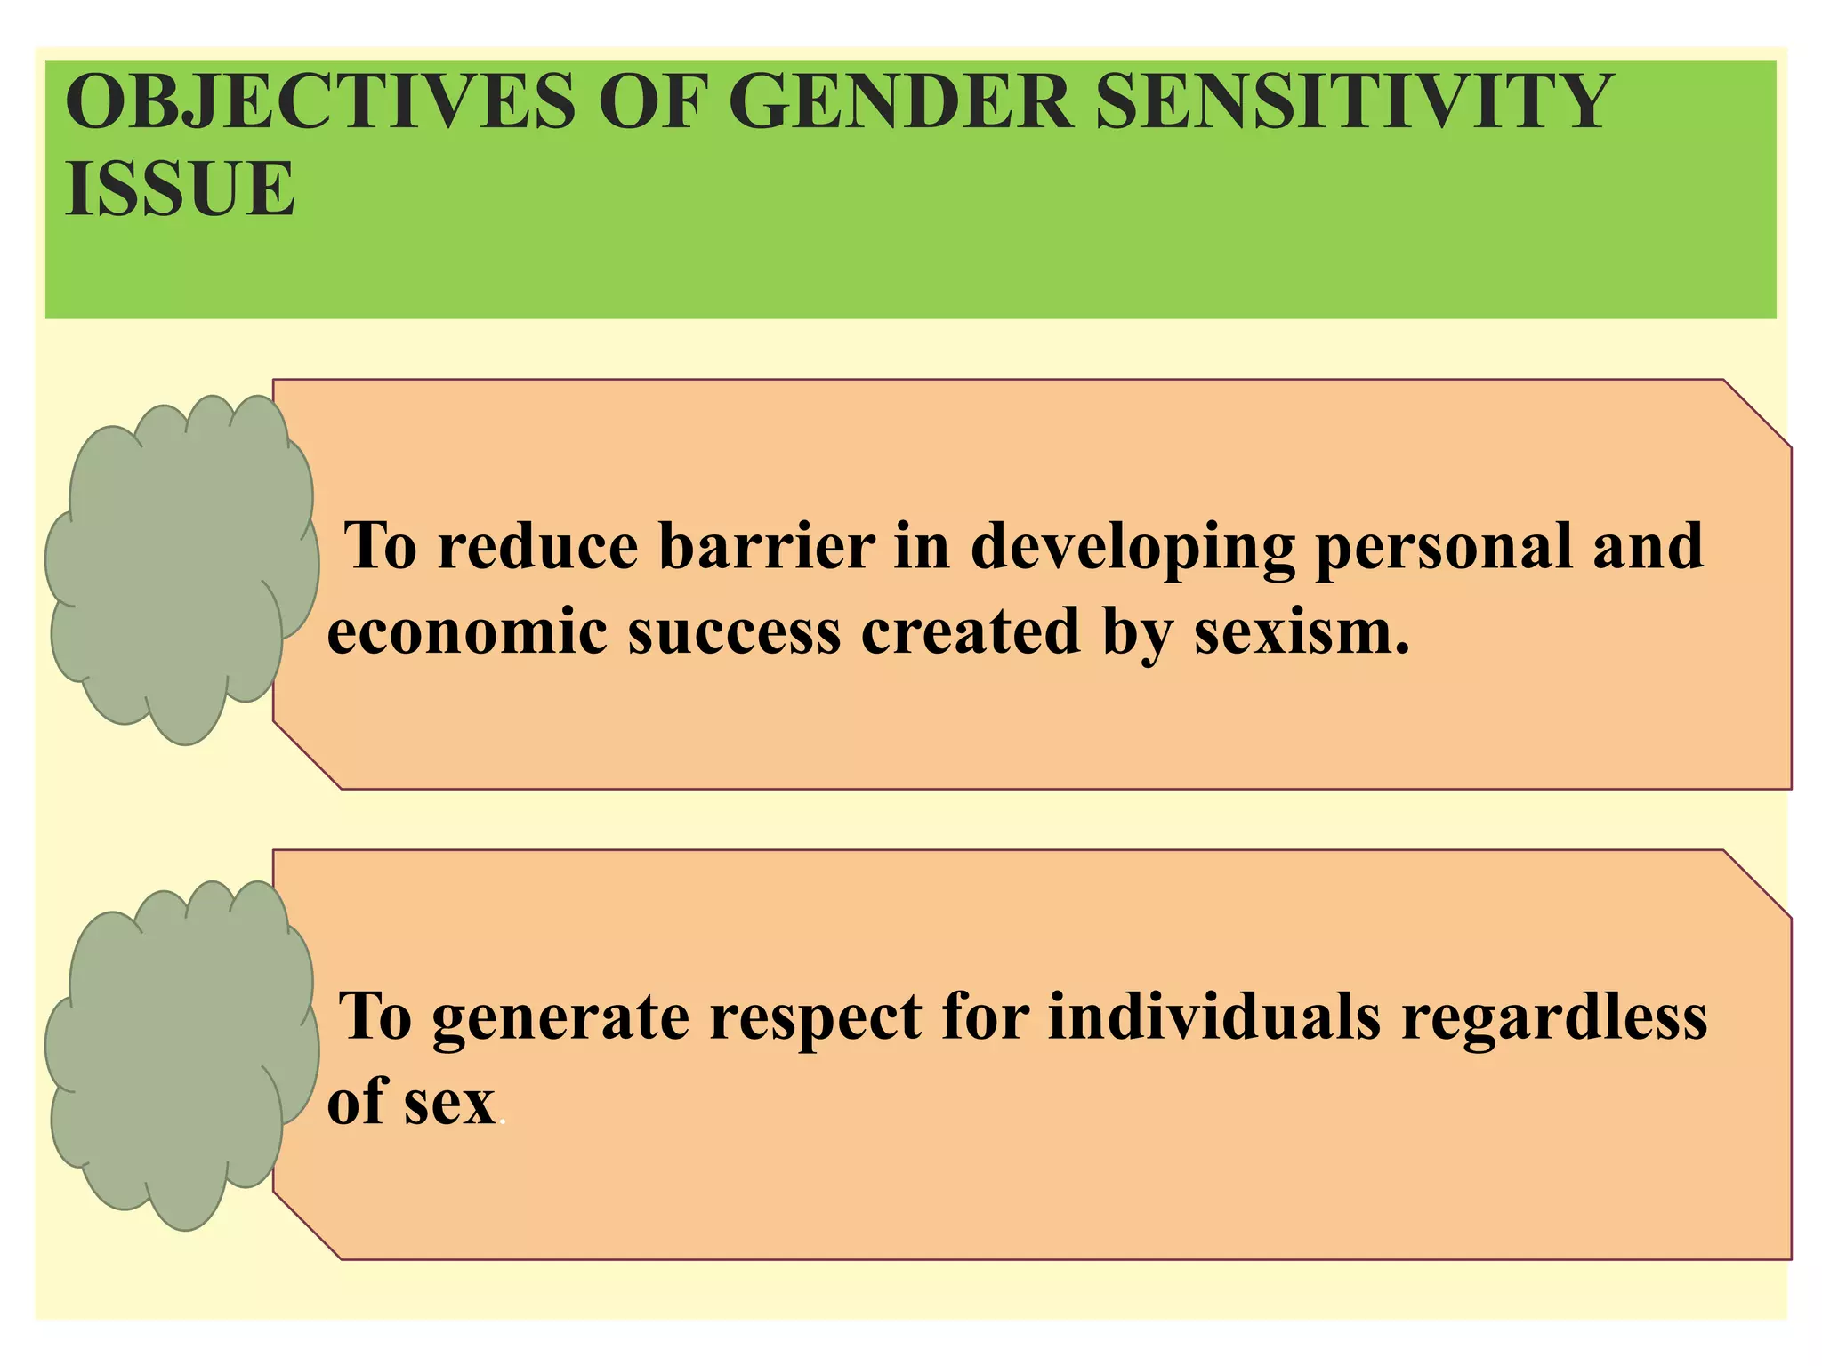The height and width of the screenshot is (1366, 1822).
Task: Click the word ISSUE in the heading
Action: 180,189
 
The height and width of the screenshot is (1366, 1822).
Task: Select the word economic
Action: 467,631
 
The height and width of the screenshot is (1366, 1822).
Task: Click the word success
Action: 734,631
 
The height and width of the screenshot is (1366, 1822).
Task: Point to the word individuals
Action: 1214,1016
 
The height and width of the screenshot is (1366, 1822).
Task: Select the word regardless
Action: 1554,1016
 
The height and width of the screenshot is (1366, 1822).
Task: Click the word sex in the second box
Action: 449,1103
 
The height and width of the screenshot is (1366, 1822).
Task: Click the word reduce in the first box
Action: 537,546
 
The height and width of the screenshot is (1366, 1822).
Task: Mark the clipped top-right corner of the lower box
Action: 1756,884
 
